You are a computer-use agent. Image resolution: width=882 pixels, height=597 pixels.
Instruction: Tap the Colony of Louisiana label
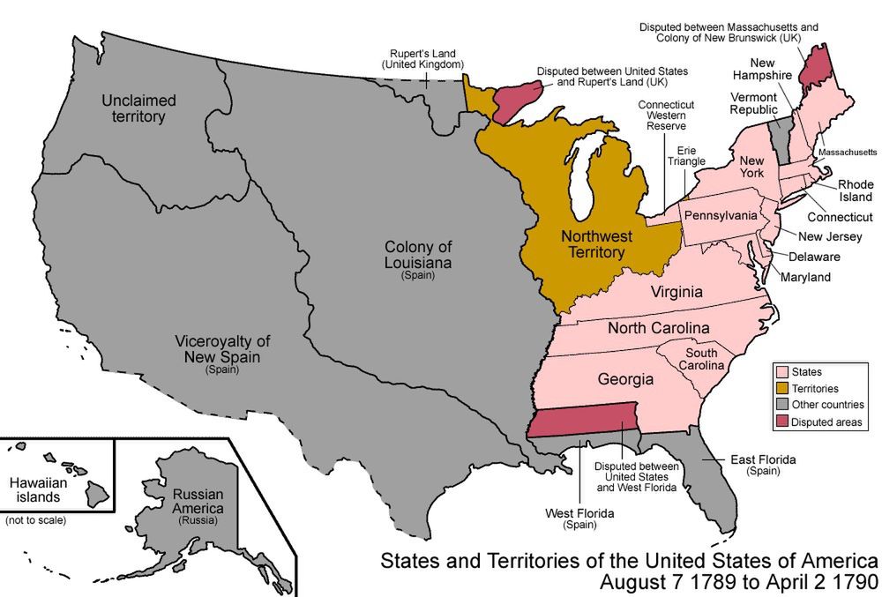418,256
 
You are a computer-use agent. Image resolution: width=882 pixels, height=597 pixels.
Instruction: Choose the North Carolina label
659,328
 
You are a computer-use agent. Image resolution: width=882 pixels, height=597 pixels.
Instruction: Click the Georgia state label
625,379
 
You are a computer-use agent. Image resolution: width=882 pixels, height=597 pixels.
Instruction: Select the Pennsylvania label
721,215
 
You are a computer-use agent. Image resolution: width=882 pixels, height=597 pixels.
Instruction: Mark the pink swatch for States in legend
781,370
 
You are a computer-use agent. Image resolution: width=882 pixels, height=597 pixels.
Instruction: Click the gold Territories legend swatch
781,388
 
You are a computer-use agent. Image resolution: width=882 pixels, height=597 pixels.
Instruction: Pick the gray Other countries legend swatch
781,406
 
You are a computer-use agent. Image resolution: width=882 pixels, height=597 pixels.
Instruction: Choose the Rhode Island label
856,190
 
